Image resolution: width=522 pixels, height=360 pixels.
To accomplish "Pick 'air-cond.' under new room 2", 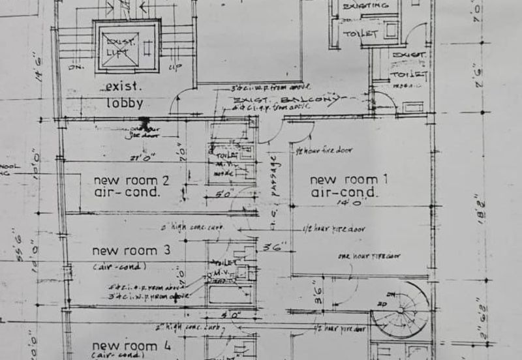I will pyautogui.click(x=127, y=192).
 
